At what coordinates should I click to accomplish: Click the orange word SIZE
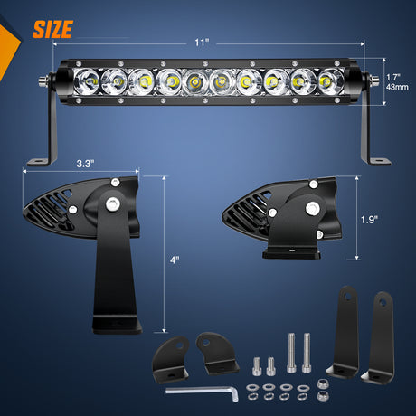coord(52,29)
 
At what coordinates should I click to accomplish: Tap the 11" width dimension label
coord(202,43)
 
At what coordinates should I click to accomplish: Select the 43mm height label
coord(397,88)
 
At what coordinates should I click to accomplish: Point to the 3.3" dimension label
coord(85,164)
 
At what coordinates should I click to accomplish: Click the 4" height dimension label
coord(175,260)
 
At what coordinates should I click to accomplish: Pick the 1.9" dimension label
coord(369,220)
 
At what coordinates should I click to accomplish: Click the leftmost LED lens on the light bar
coord(87,81)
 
